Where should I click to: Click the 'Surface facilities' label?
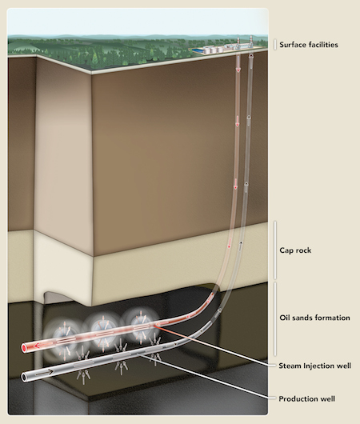pos(309,45)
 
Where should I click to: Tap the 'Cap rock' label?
pos(295,250)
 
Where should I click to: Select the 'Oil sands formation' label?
pos(315,318)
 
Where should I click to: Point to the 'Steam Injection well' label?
pos(315,366)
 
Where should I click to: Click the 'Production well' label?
pos(306,399)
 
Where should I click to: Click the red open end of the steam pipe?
pos(25,348)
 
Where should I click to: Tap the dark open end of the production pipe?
pos(25,377)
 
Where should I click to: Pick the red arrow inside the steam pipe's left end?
pos(40,345)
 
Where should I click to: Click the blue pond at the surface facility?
pos(197,50)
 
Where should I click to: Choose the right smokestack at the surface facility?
pos(251,41)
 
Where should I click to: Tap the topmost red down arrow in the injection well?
pos(238,69)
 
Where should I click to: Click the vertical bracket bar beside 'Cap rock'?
pos(275,250)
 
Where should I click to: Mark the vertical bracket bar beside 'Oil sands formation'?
pos(275,319)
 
